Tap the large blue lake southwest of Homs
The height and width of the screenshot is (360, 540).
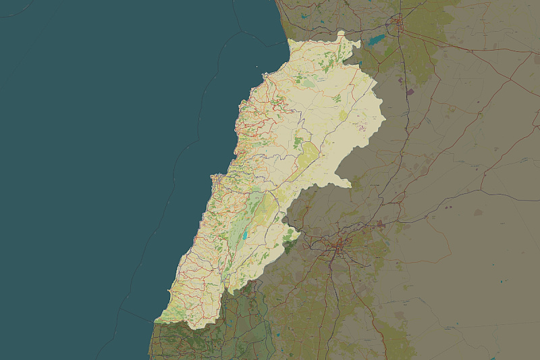[377, 40]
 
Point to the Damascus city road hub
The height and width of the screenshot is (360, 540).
[339, 249]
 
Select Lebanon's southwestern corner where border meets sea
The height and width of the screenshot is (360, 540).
[156, 322]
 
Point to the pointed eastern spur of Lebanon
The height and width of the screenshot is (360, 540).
[350, 184]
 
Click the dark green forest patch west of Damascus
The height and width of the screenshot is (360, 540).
[288, 247]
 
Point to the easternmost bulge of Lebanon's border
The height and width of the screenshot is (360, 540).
[384, 118]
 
